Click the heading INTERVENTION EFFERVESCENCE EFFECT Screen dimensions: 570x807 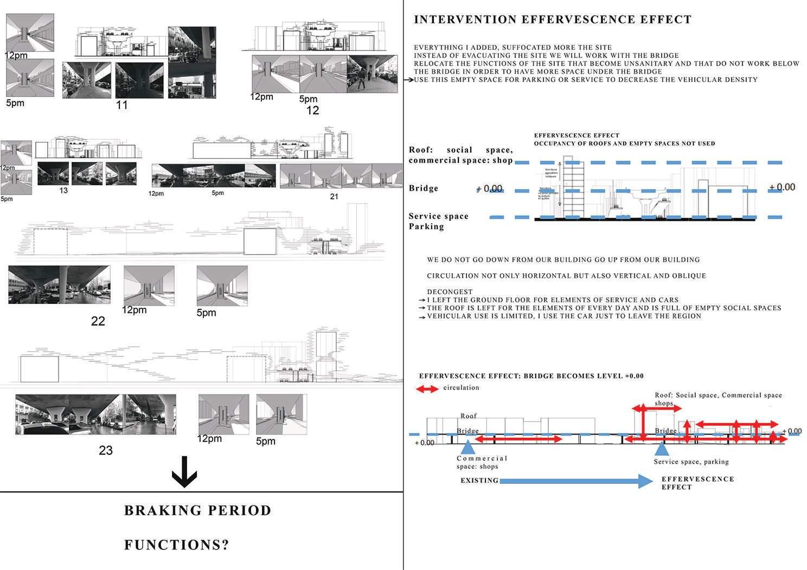click(x=552, y=20)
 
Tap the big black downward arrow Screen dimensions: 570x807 click(x=184, y=472)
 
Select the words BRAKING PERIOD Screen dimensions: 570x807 click(x=197, y=510)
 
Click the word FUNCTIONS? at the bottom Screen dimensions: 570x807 click(x=177, y=545)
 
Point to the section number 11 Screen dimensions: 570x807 click(x=122, y=105)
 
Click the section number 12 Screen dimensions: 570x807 click(x=312, y=111)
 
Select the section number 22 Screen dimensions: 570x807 click(x=98, y=321)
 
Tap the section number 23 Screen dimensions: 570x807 click(x=106, y=450)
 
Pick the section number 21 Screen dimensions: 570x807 click(x=334, y=197)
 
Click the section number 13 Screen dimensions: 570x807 click(x=63, y=191)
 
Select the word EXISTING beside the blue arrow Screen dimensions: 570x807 click(x=479, y=481)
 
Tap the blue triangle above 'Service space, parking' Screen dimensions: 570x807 click(x=661, y=449)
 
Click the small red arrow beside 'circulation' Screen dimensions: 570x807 click(x=427, y=388)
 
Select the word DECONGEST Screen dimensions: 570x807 click(x=450, y=292)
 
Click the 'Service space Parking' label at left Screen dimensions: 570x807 click(x=438, y=221)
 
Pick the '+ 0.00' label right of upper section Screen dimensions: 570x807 click(x=782, y=187)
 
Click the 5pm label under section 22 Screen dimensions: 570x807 click(x=206, y=313)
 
